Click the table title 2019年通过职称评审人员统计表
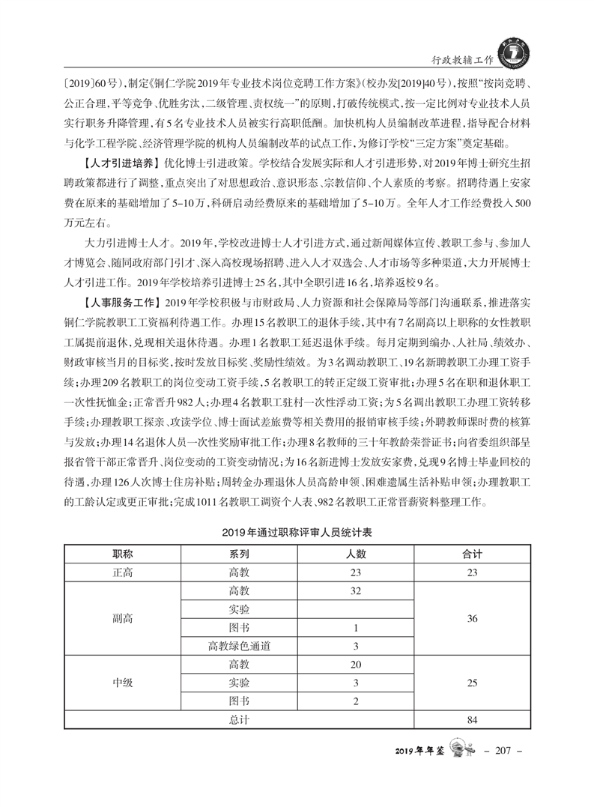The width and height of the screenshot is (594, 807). [297, 534]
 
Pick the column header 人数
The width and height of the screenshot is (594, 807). [356, 554]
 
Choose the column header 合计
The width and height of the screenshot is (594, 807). [472, 554]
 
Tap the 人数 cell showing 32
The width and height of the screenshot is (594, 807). [356, 590]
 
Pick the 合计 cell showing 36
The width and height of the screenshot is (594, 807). [472, 618]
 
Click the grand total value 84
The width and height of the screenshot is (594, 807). [472, 720]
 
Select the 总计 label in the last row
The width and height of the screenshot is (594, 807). [239, 720]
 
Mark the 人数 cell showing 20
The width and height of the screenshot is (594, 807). [356, 665]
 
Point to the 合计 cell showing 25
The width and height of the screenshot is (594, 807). [472, 683]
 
